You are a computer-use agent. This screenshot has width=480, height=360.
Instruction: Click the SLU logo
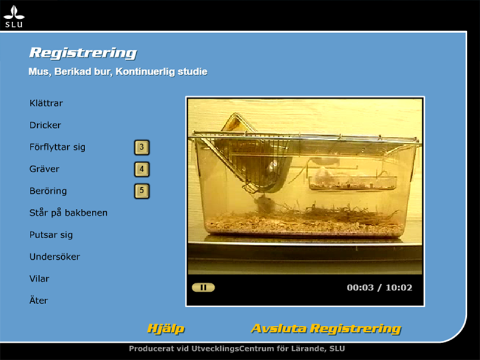pos(14,17)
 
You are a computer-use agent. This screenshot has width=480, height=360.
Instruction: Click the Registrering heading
pos(83,53)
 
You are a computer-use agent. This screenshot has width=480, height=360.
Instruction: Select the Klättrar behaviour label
pos(46,103)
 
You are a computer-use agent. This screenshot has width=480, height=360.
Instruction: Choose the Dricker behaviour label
pos(45,125)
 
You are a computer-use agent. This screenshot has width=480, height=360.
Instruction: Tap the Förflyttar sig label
pos(57,147)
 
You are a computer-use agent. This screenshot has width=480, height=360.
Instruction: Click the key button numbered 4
pos(142,169)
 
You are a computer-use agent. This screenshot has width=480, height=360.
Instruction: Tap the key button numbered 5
pos(142,191)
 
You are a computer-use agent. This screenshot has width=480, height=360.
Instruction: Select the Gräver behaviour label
pos(44,169)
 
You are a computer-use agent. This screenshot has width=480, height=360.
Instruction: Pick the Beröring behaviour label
pos(48,191)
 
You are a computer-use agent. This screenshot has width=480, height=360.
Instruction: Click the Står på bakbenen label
pos(68,213)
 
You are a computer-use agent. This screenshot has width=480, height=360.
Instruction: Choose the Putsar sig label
pos(51,235)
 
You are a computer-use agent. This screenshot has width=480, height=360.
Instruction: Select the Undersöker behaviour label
pos(55,257)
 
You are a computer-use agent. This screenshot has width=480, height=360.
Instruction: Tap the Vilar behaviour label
pos(39,278)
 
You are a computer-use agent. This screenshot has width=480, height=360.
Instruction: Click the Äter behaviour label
pos(38,301)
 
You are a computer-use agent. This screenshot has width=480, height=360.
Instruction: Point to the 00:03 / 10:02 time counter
pos(379,288)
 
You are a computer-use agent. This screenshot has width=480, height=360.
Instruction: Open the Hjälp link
pos(166,329)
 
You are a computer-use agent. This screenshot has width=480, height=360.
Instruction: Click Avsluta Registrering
pos(326,329)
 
